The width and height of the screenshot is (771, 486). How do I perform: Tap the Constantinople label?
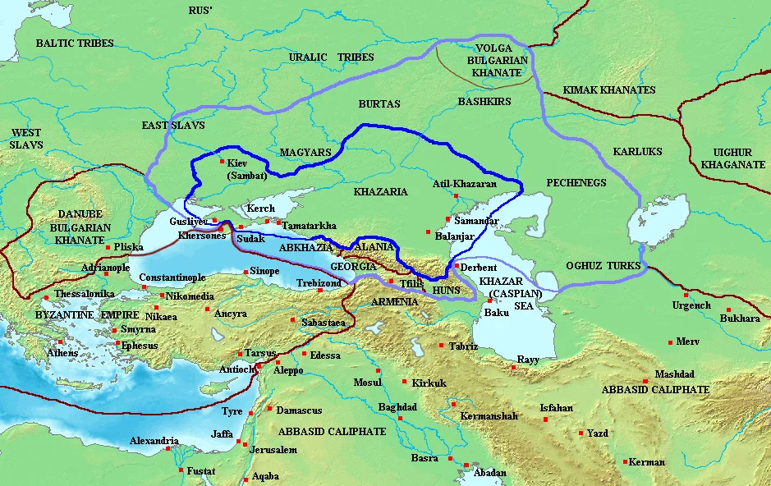pyautogui.click(x=172, y=277)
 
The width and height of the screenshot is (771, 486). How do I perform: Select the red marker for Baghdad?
pyautogui.click(x=400, y=418)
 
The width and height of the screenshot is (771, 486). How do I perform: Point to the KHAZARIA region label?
pyautogui.click(x=379, y=191)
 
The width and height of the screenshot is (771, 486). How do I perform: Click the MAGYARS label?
pyautogui.click(x=305, y=153)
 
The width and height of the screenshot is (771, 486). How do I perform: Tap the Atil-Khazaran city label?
pyautogui.click(x=464, y=184)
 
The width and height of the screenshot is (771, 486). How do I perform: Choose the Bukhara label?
pyautogui.click(x=739, y=319)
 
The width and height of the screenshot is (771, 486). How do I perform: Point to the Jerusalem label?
pyautogui.click(x=273, y=450)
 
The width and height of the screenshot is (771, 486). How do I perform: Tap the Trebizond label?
pyautogui.click(x=319, y=282)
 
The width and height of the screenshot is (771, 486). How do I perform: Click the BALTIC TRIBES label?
pyautogui.click(x=73, y=43)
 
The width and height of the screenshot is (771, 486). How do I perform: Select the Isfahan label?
pyautogui.click(x=556, y=408)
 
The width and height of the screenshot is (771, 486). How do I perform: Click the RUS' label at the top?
pyautogui.click(x=200, y=11)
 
